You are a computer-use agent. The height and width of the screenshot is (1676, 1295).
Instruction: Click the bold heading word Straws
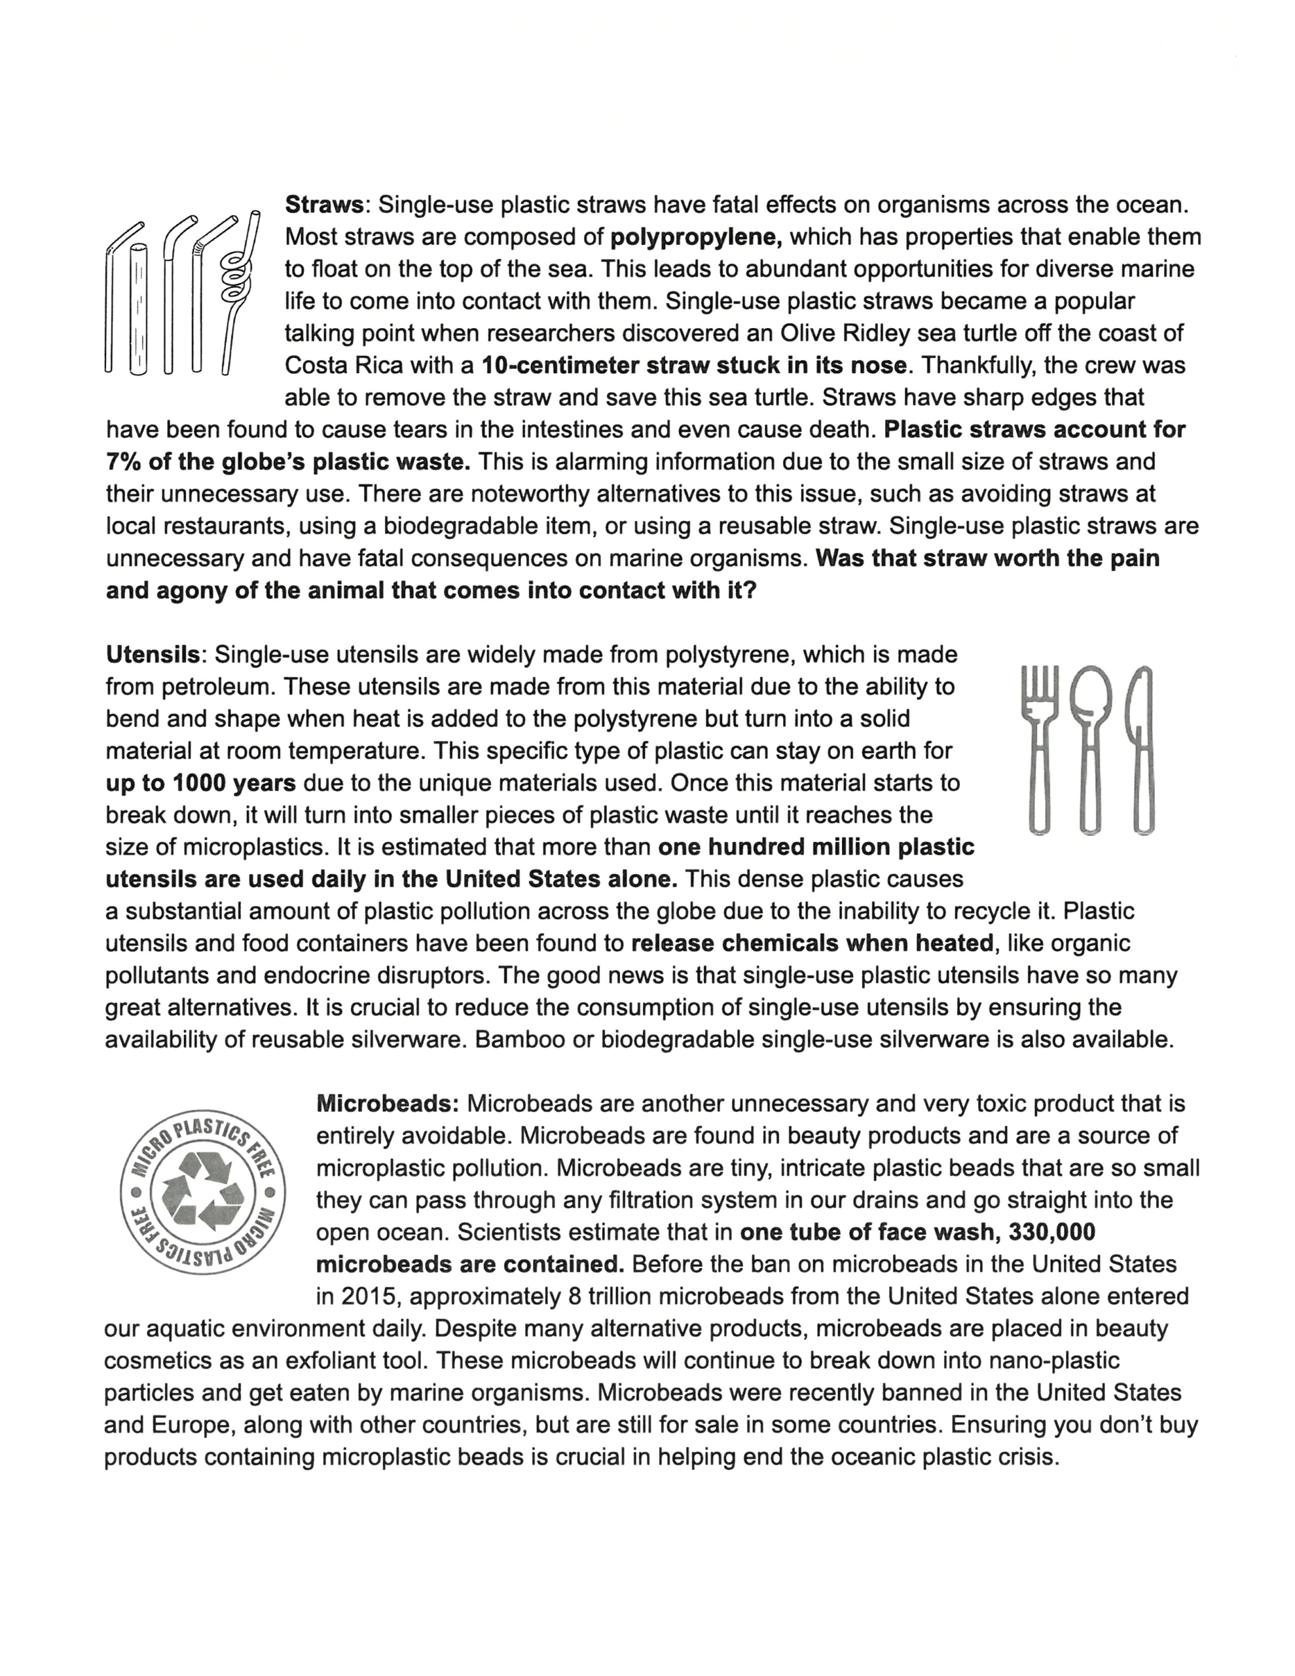click(323, 205)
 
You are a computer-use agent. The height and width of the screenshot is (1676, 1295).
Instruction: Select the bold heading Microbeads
click(387, 1104)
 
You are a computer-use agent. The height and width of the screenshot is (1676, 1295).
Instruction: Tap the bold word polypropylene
click(695, 237)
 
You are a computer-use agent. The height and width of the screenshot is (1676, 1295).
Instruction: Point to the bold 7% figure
click(121, 462)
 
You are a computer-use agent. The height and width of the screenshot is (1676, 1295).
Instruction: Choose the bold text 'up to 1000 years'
click(200, 784)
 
